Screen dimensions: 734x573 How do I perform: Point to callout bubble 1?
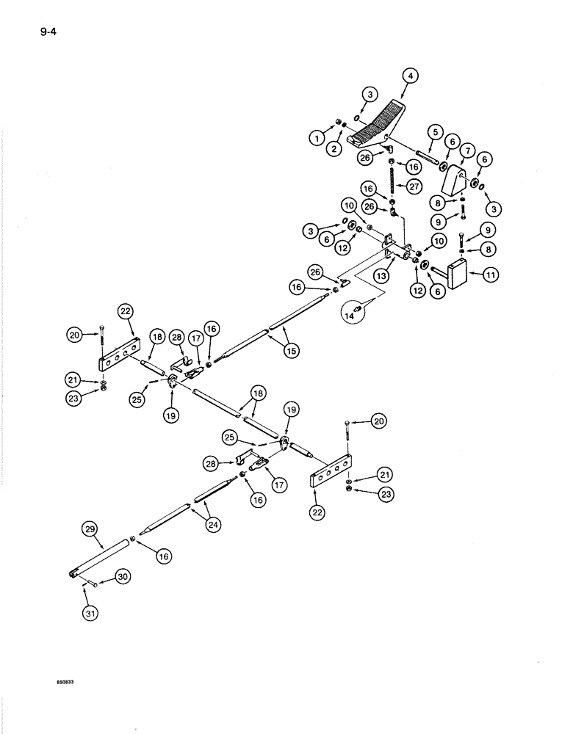pyautogui.click(x=317, y=137)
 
